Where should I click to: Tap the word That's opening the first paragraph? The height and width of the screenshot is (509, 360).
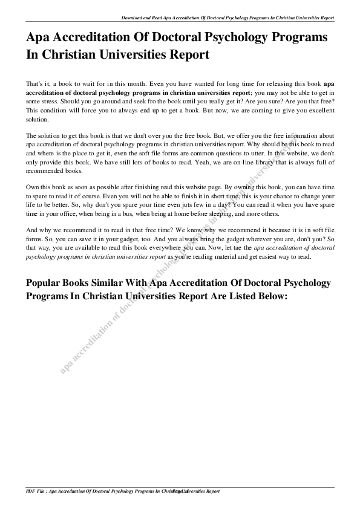coord(34,83)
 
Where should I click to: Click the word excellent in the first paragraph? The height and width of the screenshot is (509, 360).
coord(315,111)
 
